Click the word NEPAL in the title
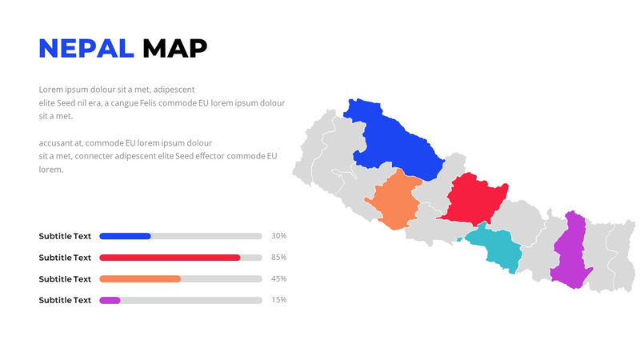[x=86, y=49]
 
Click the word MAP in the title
[x=174, y=49]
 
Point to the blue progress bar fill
[x=125, y=236]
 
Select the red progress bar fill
[x=170, y=258]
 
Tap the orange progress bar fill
[x=140, y=278]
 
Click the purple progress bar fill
[x=110, y=300]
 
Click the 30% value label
[x=278, y=236]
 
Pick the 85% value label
[x=278, y=258]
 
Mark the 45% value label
[x=278, y=278]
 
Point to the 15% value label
[x=278, y=300]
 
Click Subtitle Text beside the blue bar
[x=65, y=236]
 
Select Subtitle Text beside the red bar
[x=65, y=258]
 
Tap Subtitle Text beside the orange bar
[x=65, y=278]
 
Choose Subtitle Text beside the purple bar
[x=65, y=300]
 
